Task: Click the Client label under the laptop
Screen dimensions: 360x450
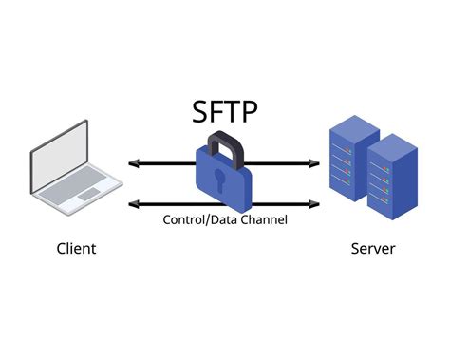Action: click(75, 249)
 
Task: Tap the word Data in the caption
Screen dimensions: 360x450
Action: click(225, 219)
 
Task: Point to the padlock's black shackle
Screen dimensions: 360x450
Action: click(221, 142)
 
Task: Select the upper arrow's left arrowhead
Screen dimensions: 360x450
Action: click(132, 163)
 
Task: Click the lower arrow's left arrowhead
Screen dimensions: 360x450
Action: click(132, 202)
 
